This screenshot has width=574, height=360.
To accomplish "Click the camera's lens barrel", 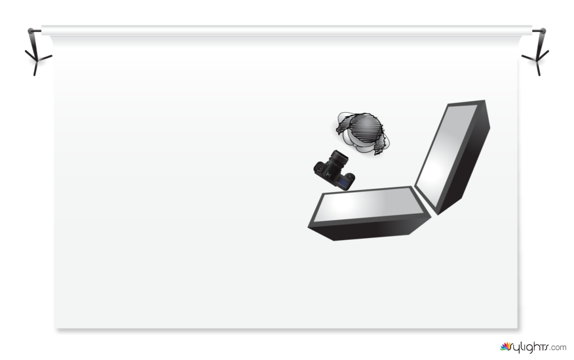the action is tap(338, 158).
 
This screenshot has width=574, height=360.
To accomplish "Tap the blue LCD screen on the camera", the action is tap(343, 181).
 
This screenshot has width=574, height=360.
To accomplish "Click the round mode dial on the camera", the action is tap(320, 168).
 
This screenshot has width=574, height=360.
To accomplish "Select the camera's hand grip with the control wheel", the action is tap(349, 180).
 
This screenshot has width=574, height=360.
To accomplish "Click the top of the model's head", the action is tap(365, 127).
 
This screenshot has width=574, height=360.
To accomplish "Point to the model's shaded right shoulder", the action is tap(381, 144).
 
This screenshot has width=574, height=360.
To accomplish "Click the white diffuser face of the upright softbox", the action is tap(446, 155).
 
